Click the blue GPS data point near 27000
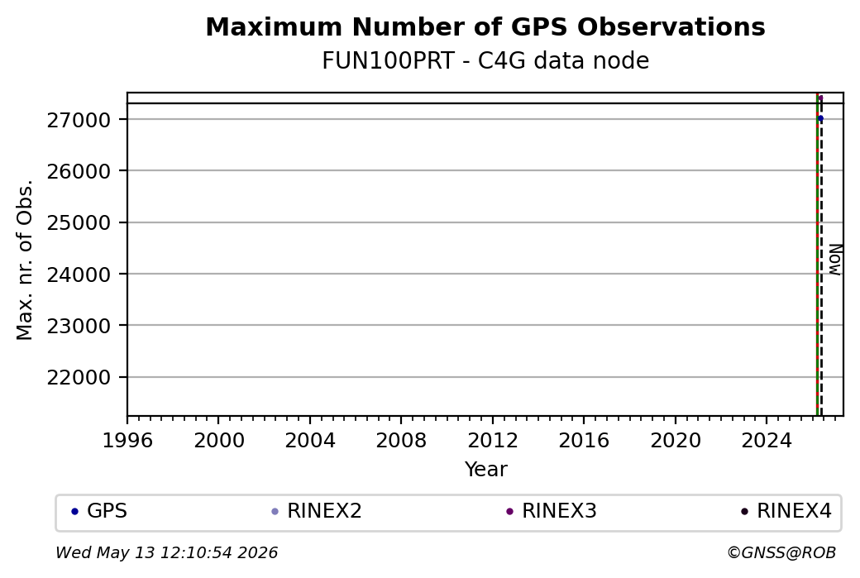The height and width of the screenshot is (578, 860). coord(820,118)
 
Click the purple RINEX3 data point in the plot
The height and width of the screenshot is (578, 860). coord(820,98)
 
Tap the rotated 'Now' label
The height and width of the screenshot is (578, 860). coord(834,260)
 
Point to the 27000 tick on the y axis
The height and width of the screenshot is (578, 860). coord(79,120)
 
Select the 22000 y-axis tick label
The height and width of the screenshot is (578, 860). coord(79,378)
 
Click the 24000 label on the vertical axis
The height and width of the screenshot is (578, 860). coord(79,275)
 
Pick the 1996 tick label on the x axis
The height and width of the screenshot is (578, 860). coord(128,441)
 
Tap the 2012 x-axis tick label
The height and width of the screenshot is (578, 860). coord(493,441)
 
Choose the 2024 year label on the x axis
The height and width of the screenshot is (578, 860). coord(767,441)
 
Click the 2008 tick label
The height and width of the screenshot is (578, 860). coord(401,441)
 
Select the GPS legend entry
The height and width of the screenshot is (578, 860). coord(99,511)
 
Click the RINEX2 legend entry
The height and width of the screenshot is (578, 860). coord(317,511)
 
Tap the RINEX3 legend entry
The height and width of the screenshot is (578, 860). coord(552,511)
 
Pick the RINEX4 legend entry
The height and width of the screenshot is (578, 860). coord(786,511)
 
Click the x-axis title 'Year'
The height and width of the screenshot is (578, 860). coord(486,470)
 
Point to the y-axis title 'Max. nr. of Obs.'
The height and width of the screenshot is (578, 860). coord(25,260)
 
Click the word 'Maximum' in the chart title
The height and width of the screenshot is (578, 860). coord(275,26)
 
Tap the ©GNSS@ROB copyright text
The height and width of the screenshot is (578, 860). coord(781,552)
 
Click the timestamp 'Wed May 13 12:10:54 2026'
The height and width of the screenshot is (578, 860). coord(167,552)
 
